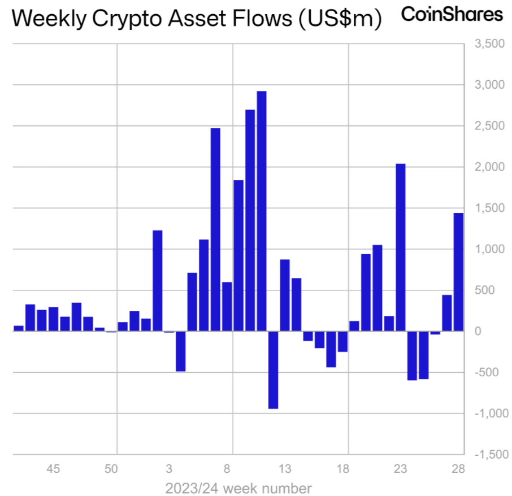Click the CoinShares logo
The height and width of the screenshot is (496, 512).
click(452, 15)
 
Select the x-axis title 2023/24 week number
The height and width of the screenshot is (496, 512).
click(238, 488)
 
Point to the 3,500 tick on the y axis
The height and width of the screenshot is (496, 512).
click(489, 44)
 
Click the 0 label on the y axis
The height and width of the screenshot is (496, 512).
click(478, 332)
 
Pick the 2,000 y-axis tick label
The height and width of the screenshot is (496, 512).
click(489, 167)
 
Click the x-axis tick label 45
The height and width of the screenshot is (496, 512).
click(53, 469)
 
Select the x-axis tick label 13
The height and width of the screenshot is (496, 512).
click(285, 469)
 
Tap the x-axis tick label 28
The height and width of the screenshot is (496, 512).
click(458, 469)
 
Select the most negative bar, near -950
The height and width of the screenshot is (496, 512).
click(273, 369)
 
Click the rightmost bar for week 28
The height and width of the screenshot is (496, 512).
click(458, 272)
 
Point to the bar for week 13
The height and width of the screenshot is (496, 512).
click(285, 295)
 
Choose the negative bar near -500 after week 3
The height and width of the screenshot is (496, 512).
click(180, 351)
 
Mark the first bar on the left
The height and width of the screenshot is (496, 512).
click(19, 328)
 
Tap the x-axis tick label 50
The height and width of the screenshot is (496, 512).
click(111, 469)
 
